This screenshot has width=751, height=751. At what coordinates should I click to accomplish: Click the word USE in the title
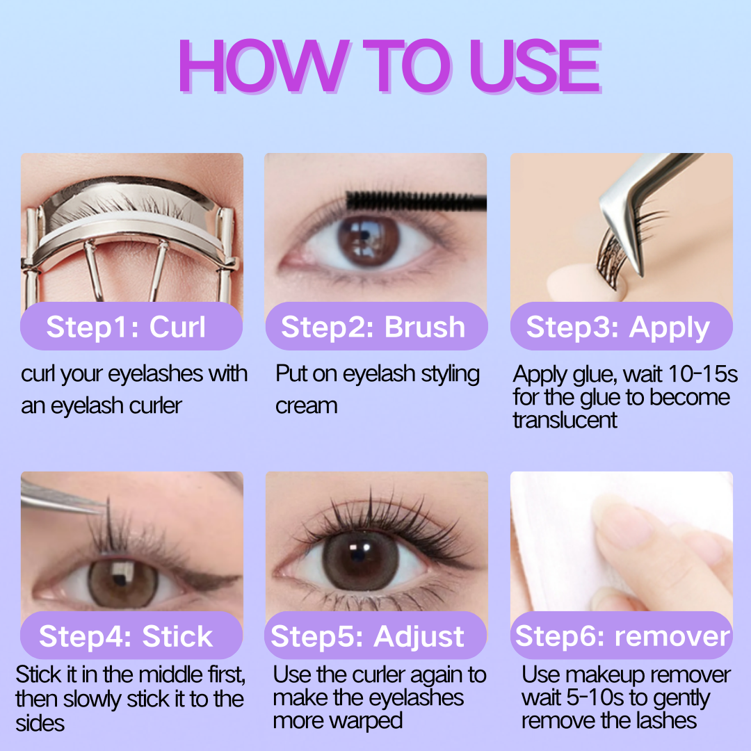coord(535,65)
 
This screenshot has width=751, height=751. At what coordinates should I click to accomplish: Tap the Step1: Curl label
coord(125,327)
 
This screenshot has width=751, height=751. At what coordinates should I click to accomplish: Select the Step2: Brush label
coord(373,327)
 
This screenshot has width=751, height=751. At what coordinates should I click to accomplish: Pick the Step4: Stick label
coord(125,636)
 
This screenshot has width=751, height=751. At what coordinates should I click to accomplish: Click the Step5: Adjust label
coord(367,637)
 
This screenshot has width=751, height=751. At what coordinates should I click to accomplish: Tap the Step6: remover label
coord(622,636)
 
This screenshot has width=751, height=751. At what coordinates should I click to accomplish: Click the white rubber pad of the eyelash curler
coord(129,227)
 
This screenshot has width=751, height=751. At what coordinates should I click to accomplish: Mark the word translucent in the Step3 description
coord(565,420)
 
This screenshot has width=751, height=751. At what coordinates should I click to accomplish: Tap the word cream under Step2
coord(307,406)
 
